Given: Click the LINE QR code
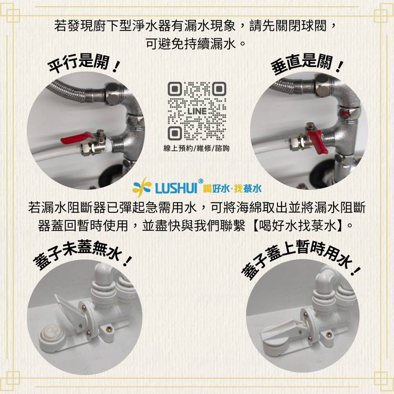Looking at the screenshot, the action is (x=197, y=111).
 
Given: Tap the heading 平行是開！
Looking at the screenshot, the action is (x=84, y=64).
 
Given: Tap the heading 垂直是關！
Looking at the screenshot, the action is (x=307, y=64).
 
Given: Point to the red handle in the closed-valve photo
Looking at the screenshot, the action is (x=317, y=141).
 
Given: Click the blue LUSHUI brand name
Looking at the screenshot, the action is (x=176, y=188).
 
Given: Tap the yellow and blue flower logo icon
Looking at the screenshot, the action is (x=142, y=187).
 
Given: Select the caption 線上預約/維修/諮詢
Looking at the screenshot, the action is (x=196, y=148).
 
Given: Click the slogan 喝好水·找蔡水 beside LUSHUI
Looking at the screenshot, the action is (x=232, y=189).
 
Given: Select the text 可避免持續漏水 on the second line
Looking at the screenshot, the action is (x=191, y=44).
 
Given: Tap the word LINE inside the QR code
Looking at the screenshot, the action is (x=197, y=111).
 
